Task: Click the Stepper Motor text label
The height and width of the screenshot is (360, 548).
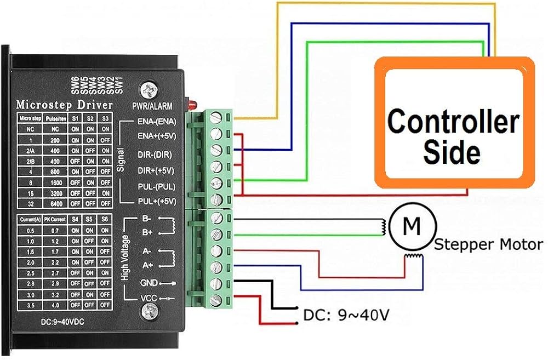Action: [x=488, y=244]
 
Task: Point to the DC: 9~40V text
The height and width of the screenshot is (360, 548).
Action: [x=346, y=316]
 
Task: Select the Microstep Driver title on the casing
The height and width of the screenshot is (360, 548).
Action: [x=65, y=104]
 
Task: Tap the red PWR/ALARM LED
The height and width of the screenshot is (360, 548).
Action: [x=187, y=104]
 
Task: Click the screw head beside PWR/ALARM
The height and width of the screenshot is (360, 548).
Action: [x=148, y=89]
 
